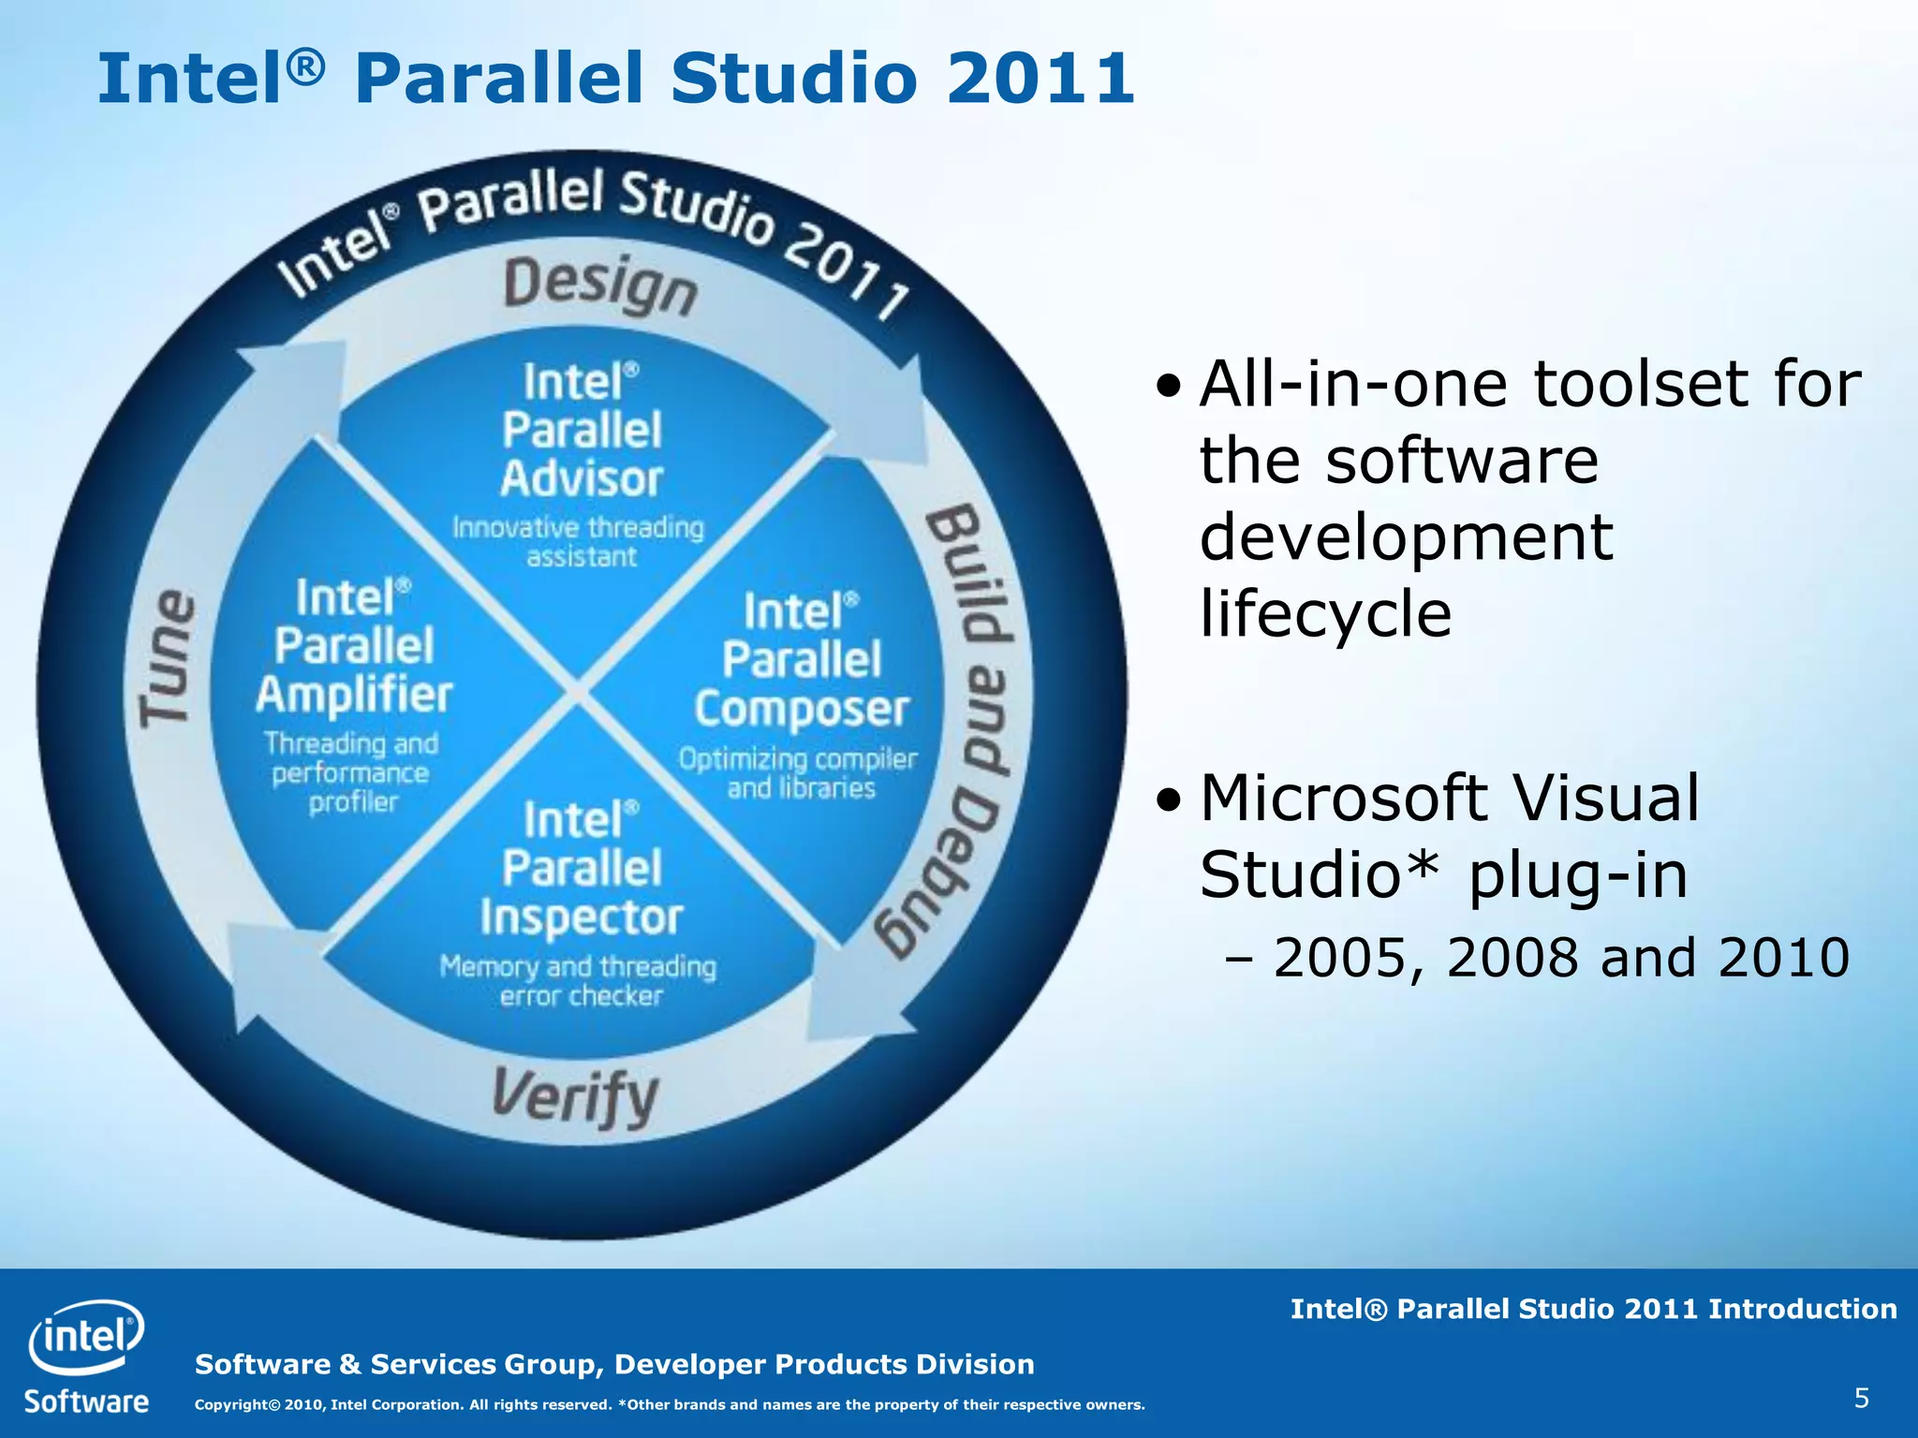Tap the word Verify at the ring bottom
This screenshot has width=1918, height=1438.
pos(575,1097)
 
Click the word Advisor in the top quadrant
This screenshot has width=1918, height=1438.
pos(582,479)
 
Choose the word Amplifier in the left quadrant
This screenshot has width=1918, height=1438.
pos(354,696)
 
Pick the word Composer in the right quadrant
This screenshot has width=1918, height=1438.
pos(802,710)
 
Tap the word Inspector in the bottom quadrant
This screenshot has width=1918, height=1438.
pos(582,917)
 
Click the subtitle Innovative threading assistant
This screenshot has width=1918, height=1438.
pos(579,541)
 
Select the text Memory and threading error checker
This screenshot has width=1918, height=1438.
pos(579,980)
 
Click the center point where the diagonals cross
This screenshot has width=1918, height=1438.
pos(579,694)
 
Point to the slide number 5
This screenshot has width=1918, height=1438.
pos(1861,1399)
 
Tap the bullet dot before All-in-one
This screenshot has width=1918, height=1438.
pos(1169,386)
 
